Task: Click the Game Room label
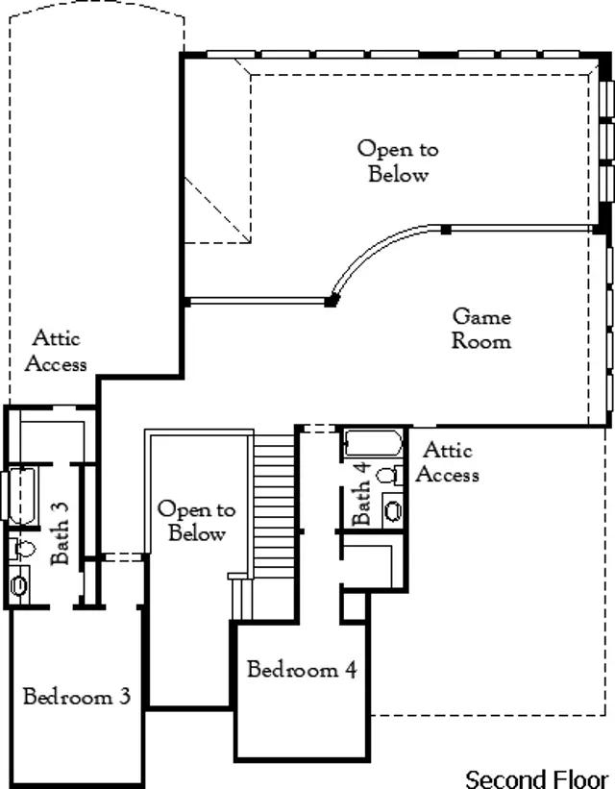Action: (x=481, y=328)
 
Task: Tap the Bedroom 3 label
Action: (x=76, y=697)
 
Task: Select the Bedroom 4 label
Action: (x=302, y=670)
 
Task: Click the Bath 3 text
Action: (x=60, y=545)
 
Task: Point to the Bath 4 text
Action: (x=361, y=493)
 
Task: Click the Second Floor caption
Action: (x=536, y=777)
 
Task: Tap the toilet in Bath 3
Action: (x=22, y=549)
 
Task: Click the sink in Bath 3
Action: (x=19, y=583)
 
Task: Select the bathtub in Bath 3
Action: (x=21, y=495)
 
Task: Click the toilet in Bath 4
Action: (x=388, y=475)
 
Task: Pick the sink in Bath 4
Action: (x=392, y=508)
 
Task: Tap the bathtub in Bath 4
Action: (x=371, y=445)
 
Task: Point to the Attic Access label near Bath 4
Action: (x=447, y=461)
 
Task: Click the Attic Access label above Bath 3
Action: (x=57, y=351)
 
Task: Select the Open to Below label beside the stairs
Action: (x=196, y=521)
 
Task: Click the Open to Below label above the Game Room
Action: (x=398, y=161)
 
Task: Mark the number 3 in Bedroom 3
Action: (x=124, y=697)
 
